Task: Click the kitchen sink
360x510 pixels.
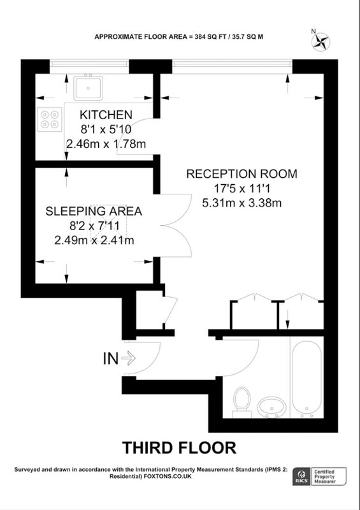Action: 88,88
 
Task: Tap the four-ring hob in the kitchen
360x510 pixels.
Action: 50,119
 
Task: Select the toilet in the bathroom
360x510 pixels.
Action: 242,402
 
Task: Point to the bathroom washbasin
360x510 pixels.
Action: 272,407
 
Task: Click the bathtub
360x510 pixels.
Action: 306,379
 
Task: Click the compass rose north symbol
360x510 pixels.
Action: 320,41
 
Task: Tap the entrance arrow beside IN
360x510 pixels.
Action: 129,358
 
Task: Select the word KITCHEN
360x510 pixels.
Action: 106,115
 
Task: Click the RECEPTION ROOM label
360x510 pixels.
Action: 241,173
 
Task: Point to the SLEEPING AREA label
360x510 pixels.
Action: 94,211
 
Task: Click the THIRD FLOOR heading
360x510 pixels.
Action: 179,448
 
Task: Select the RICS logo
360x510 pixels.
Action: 301,476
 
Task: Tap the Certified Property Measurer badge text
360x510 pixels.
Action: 324,476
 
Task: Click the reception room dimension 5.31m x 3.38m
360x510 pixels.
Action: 241,203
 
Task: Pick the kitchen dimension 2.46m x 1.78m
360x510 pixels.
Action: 106,144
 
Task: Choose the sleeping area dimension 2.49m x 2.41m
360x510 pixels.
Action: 94,240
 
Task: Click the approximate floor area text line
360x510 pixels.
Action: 179,37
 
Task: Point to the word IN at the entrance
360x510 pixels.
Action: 111,358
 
